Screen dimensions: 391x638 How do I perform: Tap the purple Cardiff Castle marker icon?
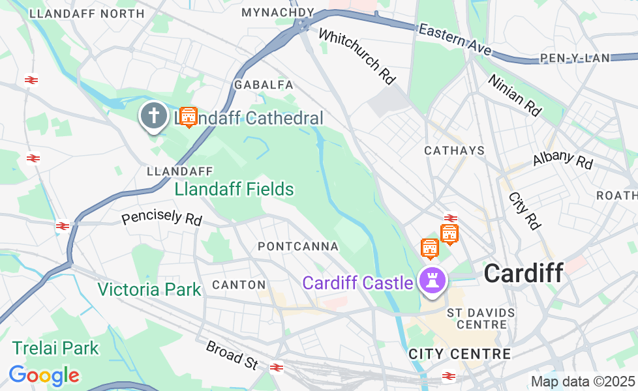coord(431,281)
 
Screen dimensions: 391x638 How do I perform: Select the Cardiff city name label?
coord(523,273)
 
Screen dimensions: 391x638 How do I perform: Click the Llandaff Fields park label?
coord(234,190)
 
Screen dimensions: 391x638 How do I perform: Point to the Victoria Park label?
coord(149,289)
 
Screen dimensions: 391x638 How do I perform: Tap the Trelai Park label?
coord(55,348)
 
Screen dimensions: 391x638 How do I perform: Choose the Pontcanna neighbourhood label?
coord(298,246)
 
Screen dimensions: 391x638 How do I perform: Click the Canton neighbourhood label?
coord(239,285)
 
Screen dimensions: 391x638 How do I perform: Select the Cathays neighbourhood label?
coord(455,151)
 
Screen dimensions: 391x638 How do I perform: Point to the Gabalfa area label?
coord(264,85)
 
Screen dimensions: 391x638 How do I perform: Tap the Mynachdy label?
coord(277,12)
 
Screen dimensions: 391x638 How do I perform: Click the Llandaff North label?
coord(87,13)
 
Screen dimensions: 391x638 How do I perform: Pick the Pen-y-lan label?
coord(575,58)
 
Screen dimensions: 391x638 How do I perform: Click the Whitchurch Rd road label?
coord(357,57)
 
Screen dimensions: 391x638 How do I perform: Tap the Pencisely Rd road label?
coord(162,217)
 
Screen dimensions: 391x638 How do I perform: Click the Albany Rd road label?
coord(562,159)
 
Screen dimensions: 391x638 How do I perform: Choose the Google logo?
coord(44,375)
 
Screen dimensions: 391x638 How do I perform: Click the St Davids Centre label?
coord(481,319)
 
